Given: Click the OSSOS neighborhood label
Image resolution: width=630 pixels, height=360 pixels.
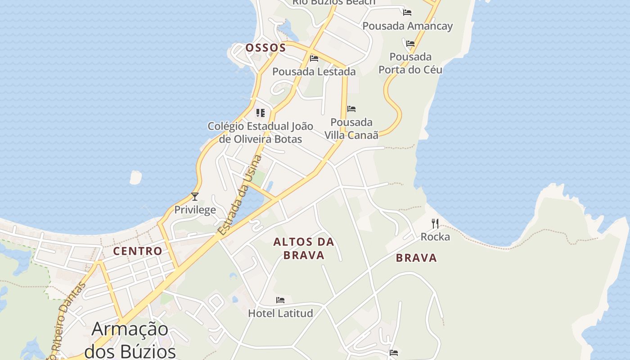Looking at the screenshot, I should point(265,48).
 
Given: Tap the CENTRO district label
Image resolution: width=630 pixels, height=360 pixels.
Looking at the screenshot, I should point(138,251).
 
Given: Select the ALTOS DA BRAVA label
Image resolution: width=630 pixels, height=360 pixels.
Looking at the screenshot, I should point(304,248).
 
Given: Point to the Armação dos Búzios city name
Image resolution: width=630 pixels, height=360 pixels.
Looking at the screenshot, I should point(130,340).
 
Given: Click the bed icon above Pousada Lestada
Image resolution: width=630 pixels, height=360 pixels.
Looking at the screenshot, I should point(314,58).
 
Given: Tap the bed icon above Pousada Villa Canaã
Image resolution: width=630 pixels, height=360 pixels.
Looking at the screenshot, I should point(351,109).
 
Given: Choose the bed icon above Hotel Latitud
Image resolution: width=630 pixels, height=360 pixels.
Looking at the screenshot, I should point(280,300).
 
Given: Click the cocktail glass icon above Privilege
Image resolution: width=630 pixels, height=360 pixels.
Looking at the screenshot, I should point(195,197).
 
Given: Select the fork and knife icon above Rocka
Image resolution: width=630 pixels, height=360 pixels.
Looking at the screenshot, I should point(435,224).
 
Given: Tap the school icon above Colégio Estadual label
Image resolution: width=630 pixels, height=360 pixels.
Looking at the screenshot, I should point(261,112).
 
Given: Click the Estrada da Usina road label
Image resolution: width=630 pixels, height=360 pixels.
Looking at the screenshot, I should point(239,195).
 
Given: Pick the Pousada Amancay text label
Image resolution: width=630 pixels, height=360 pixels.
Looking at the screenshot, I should point(407,26).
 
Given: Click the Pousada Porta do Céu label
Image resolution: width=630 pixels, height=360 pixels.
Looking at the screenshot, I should point(410,63).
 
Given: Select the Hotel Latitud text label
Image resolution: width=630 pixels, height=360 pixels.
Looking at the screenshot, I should point(280,313).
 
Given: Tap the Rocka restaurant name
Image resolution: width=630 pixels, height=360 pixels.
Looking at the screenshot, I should point(435,237).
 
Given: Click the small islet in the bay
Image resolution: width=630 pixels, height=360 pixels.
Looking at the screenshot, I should point(135,177).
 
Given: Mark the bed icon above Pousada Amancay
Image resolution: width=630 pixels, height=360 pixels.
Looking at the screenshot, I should point(407,13).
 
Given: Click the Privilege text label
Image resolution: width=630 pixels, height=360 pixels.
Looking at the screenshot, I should point(195,210).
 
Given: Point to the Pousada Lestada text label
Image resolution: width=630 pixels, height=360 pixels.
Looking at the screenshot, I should point(314,72).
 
